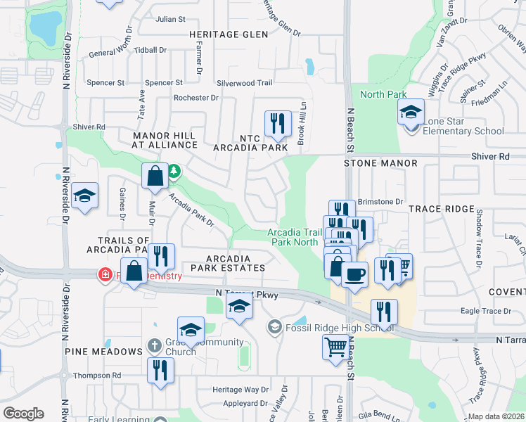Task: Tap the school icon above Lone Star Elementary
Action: (x=411, y=111)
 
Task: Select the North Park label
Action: (x=383, y=94)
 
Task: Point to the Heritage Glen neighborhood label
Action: (x=229, y=34)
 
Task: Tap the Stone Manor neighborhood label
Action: (x=380, y=163)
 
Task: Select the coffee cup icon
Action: (x=354, y=273)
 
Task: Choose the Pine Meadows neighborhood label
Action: (x=103, y=351)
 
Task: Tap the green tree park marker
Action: (x=174, y=170)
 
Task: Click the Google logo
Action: (x=23, y=414)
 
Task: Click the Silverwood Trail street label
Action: (x=244, y=82)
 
